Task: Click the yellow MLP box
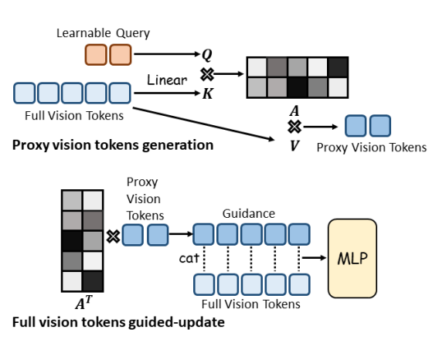[352, 258]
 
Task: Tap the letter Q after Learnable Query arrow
[207, 55]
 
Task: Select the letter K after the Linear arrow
[208, 93]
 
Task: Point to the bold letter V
[294, 145]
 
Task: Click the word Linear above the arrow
[167, 80]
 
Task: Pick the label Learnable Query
[103, 33]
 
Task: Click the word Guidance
[249, 213]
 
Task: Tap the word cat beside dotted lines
[189, 258]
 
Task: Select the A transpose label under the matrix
[83, 303]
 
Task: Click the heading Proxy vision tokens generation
[113, 145]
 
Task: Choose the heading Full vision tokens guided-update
[118, 322]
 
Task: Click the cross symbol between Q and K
[207, 74]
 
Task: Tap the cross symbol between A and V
[294, 127]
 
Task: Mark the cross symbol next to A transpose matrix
[113, 236]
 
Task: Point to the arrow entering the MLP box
[315, 257]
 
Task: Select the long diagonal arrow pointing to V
[203, 124]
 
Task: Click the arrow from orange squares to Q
[167, 54]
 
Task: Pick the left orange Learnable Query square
[96, 55]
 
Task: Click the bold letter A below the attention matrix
[294, 110]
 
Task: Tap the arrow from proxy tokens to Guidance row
[181, 234]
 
